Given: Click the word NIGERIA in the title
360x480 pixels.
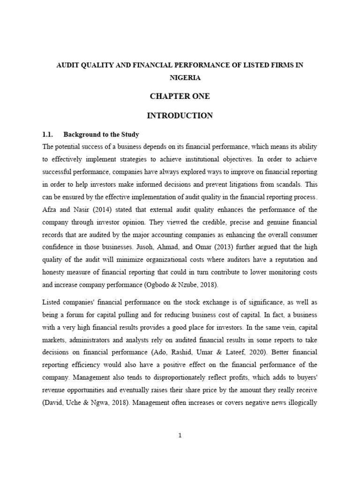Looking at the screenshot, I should tap(180, 78).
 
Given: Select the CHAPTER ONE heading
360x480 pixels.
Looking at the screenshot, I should tap(180, 97).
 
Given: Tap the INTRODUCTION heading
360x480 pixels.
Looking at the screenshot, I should tap(180, 115).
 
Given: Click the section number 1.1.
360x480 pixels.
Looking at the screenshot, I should tap(49, 135).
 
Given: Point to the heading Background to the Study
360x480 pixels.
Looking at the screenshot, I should tap(101, 135).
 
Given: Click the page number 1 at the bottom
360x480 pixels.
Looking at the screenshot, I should tap(180, 435).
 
